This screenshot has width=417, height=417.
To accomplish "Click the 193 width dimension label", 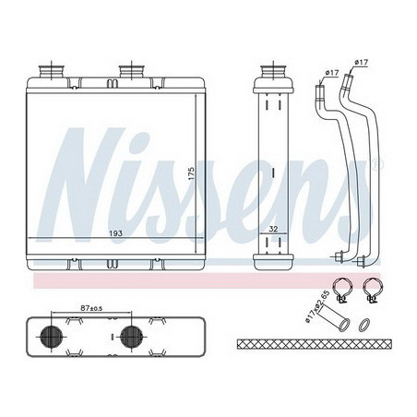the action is tap(115, 233).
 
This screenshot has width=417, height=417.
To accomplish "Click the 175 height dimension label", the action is tap(191, 174).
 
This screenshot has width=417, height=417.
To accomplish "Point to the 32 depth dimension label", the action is tap(273, 229).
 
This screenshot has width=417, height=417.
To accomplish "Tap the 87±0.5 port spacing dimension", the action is tap(91, 308).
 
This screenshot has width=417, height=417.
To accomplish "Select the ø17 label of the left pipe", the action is tap(332, 73).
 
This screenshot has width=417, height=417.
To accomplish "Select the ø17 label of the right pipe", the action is tap(362, 62).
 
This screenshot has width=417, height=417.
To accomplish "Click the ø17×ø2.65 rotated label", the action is tap(317, 306).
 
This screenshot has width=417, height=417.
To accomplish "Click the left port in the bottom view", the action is tap(51, 336).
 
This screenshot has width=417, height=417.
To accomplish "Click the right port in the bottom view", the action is tap(131, 336).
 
